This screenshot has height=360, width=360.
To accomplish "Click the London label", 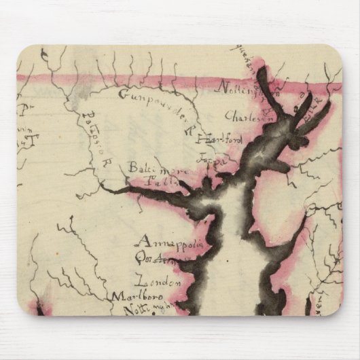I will tap(159, 280).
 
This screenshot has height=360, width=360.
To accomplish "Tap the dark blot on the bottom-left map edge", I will tap(38, 308).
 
